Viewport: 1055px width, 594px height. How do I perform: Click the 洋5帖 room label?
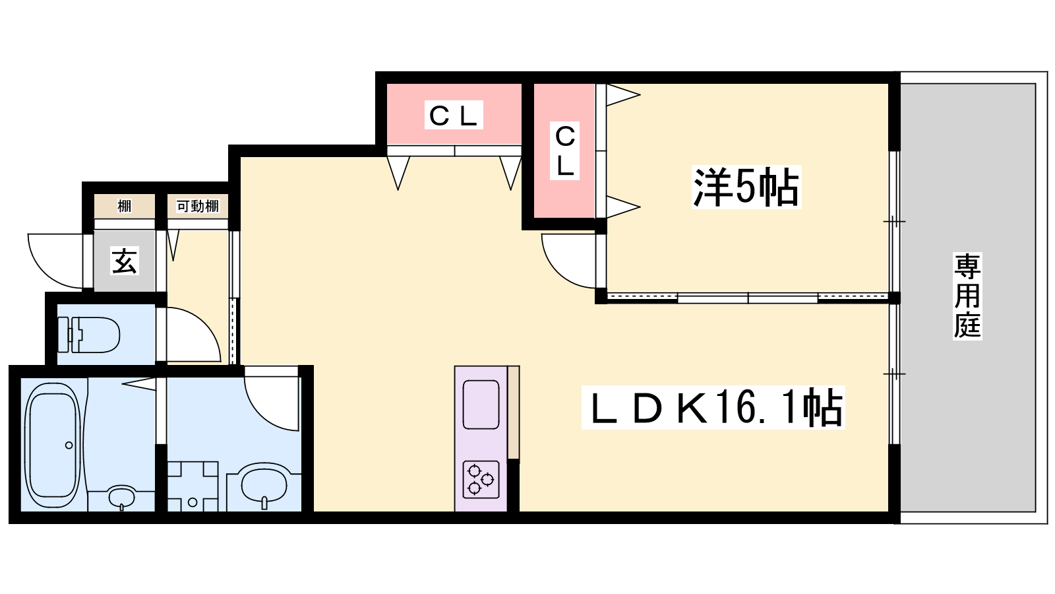(746, 187)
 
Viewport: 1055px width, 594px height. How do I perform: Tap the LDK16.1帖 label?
(713, 408)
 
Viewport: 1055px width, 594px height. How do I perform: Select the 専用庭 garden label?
(967, 296)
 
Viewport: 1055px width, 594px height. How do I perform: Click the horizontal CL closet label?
(454, 115)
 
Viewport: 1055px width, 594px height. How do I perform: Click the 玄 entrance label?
(125, 261)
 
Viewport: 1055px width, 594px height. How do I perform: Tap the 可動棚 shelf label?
(197, 206)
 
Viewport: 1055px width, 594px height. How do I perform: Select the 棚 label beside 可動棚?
(125, 206)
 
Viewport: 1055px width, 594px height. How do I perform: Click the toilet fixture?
(88, 335)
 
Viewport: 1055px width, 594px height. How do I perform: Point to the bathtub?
(53, 445)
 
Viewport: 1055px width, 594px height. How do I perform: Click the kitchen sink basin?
(481, 405)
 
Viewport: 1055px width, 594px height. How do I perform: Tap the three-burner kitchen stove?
(481, 479)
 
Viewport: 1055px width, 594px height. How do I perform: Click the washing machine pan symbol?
(193, 486)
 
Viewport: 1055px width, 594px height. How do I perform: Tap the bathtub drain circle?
(69, 445)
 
